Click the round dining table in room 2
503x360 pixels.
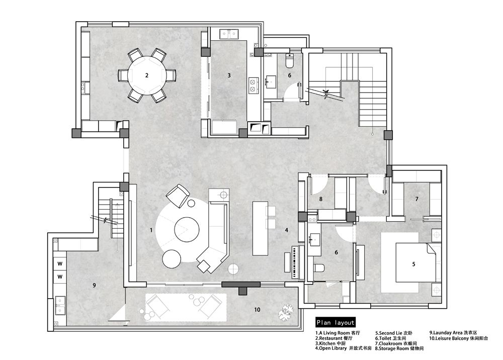tap(147, 75)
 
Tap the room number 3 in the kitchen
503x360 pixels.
tap(229, 75)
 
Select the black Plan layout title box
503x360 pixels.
tap(335, 322)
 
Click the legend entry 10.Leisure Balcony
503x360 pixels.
tap(459, 338)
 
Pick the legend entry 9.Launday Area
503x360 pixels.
tap(453, 333)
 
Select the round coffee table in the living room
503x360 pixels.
tap(187, 229)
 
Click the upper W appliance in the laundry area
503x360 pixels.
tap(60, 264)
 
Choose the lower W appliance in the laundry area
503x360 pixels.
tap(60, 277)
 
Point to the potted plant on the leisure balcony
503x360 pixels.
tap(285, 312)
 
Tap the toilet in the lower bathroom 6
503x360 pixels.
tap(319, 267)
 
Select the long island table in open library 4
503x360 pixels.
tap(260, 228)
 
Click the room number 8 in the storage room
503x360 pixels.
tap(321, 199)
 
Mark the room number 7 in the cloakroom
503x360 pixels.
tap(417, 199)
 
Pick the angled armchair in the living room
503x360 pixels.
tap(178, 196)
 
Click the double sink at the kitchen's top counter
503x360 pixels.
tap(229, 34)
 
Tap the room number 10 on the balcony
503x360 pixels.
tap(257, 310)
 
